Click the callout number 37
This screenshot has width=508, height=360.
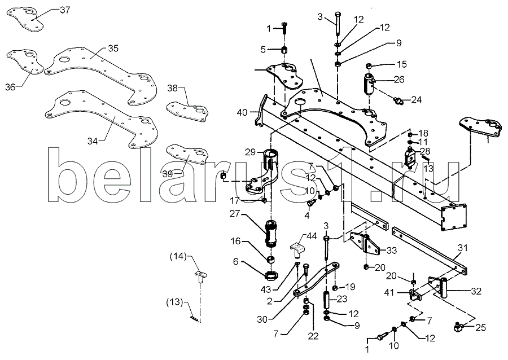(65, 10)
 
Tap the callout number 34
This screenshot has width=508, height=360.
(93, 141)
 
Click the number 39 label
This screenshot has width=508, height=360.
(168, 174)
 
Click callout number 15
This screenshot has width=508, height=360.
(402, 64)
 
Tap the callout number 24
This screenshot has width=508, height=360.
(417, 100)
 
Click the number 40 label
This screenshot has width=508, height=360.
(242, 112)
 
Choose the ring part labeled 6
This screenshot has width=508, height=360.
(271, 276)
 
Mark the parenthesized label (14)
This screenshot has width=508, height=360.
(178, 257)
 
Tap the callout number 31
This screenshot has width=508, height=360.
(463, 248)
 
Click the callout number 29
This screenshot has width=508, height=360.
(250, 152)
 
